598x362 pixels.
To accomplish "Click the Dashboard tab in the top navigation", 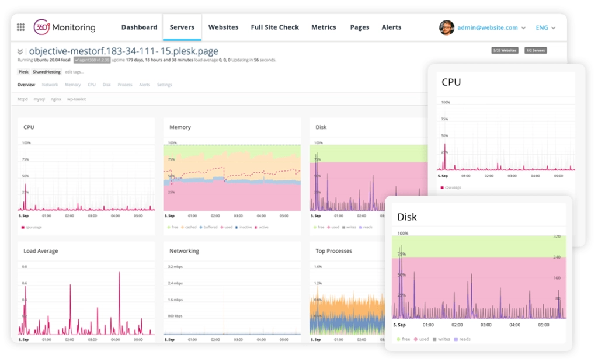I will coord(139,27).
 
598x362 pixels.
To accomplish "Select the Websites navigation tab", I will coord(223,27).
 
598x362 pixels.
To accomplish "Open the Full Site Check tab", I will coord(274,27).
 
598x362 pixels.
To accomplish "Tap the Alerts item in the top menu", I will coord(391,27).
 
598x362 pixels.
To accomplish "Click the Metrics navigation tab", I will coord(324,27).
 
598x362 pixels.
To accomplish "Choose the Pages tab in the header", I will coord(360,27).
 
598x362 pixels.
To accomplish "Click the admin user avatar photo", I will coord(447,27).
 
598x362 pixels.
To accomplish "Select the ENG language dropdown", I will coord(545,27).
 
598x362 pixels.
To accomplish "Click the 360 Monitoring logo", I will coord(64,27).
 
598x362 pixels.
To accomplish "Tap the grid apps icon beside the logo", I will coord(20,27).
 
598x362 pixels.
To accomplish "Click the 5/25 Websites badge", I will coord(505,51).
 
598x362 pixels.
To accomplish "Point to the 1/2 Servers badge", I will coord(535,51).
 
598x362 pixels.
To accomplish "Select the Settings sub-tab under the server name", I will coord(165,85).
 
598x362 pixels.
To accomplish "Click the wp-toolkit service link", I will coord(77,99).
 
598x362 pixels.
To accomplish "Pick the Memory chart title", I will coord(180,127).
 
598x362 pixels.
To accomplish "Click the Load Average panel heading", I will coord(41,251).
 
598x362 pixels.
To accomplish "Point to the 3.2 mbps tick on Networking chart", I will coord(176,267).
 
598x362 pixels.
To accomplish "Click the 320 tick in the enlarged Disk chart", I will coord(557,237).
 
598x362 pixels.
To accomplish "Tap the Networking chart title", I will coord(184,251).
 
